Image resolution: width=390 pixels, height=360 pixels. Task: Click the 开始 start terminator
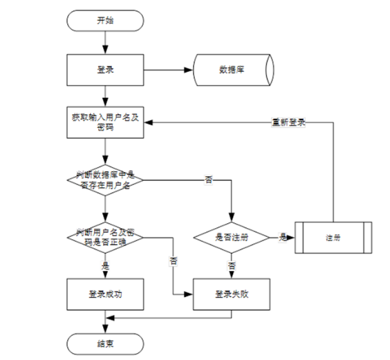pos(105,21)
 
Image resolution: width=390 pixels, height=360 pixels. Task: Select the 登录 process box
pos(105,70)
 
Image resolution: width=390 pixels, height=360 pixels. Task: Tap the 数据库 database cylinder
pos(233,70)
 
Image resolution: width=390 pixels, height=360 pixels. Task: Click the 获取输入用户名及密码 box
pos(105,122)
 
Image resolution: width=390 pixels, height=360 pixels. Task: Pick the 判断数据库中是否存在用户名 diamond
pos(105,180)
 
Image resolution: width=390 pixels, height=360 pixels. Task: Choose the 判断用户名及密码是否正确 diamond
pos(105,238)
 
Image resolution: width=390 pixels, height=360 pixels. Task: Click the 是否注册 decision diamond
pos(232,238)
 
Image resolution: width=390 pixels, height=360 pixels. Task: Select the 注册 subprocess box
pos(333,238)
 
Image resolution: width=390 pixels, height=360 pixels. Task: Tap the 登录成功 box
pos(105,294)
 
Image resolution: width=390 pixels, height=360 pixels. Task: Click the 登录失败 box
pos(232,294)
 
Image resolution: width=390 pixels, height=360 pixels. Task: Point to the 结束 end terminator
pos(105,344)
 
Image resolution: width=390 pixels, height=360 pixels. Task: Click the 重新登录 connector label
pos(288,122)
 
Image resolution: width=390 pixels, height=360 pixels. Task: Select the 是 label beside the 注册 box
pos(283,238)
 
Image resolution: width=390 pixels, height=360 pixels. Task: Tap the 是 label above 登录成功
pos(105,266)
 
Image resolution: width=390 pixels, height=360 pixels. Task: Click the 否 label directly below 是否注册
pos(232,266)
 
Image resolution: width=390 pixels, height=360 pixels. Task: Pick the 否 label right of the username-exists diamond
pos(208,180)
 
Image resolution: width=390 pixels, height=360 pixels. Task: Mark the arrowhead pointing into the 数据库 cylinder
pos(189,70)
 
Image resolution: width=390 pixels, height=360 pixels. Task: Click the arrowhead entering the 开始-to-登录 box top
pos(105,50)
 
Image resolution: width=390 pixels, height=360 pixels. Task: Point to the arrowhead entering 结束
pos(105,329)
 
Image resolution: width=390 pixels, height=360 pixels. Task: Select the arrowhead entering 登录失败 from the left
pos(189,294)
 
